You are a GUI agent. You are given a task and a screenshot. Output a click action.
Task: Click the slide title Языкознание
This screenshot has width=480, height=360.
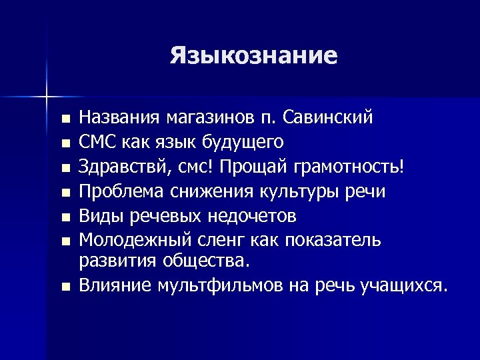[x=253, y=55]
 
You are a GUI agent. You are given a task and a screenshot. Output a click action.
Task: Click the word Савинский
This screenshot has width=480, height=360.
[x=328, y=118]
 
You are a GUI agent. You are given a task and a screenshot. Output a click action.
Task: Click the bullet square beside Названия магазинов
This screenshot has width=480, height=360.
[x=64, y=120]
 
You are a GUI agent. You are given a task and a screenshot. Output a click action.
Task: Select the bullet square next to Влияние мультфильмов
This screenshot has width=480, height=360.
[x=64, y=287]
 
